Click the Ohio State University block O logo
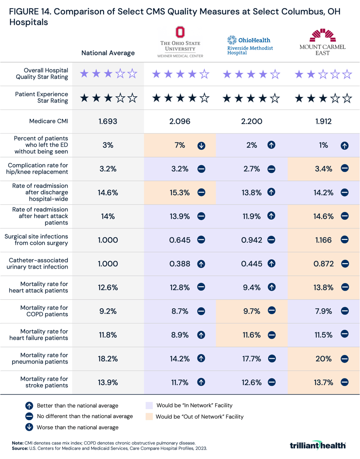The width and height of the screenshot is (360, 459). (x=180, y=32)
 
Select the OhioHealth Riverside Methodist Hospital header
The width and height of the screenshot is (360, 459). (x=250, y=45)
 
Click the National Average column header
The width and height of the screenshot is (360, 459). (x=108, y=53)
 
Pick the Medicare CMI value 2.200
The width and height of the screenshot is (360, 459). (x=252, y=121)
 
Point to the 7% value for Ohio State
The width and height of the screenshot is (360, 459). (x=180, y=145)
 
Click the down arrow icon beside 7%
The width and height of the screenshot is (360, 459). (x=201, y=145)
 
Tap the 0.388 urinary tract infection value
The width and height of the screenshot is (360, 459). (x=180, y=264)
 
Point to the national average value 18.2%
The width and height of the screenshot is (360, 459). (x=108, y=359)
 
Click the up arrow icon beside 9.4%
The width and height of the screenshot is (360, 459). (x=271, y=288)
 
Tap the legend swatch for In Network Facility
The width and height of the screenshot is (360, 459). (x=149, y=405)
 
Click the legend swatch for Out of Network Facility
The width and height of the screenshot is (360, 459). (x=149, y=417)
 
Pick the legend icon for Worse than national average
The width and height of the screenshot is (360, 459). (x=30, y=427)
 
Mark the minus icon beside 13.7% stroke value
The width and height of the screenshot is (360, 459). (x=344, y=382)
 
